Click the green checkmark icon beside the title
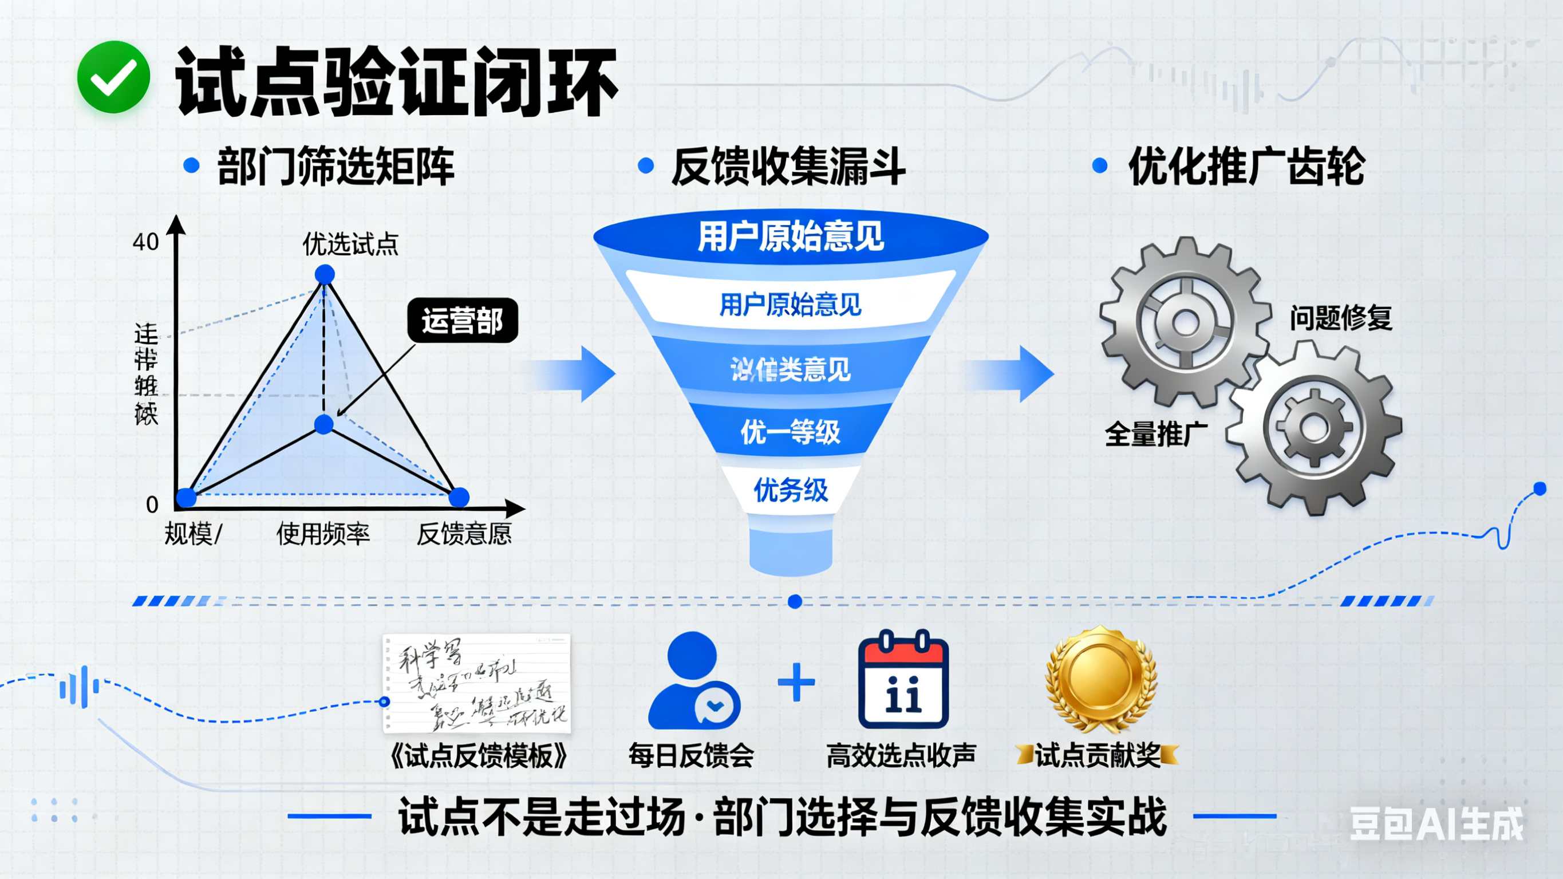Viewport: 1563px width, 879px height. (x=113, y=77)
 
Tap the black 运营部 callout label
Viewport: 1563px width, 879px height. (x=463, y=321)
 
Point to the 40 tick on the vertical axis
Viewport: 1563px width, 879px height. (x=145, y=242)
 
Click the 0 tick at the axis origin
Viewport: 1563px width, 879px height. (x=152, y=504)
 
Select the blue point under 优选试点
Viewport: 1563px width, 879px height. (x=325, y=274)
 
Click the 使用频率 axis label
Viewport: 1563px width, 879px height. (x=323, y=534)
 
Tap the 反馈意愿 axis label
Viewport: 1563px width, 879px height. (x=464, y=534)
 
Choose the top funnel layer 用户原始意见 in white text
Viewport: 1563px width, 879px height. (x=791, y=236)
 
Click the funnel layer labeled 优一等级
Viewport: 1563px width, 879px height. (x=791, y=432)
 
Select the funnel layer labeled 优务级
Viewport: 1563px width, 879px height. (x=791, y=490)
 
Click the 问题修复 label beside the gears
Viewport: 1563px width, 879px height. (x=1341, y=318)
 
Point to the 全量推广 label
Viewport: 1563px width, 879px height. (x=1156, y=435)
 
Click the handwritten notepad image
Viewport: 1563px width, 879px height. (x=477, y=683)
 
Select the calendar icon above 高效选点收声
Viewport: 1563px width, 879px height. (x=903, y=680)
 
